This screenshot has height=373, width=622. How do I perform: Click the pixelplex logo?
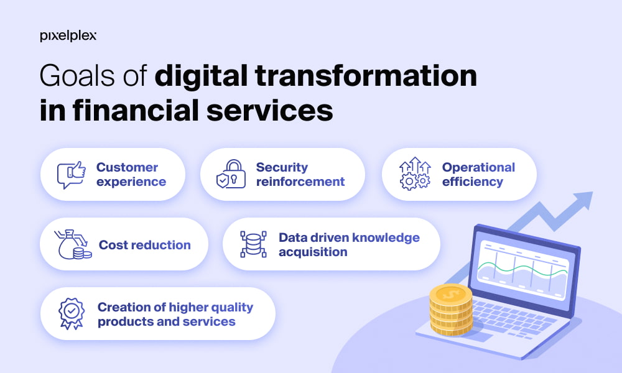(x=68, y=36)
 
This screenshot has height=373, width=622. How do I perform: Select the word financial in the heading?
(x=136, y=110)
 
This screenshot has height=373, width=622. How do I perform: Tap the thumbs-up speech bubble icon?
(x=72, y=175)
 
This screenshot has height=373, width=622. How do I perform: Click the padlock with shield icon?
(x=231, y=174)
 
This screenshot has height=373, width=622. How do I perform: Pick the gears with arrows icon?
(x=415, y=173)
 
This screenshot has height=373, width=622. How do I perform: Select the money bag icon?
(x=73, y=244)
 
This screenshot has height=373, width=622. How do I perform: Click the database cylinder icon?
(x=254, y=244)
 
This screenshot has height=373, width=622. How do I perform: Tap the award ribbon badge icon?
(x=72, y=313)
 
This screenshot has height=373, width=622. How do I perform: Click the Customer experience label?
(x=131, y=175)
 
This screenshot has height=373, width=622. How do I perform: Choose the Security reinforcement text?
(x=300, y=175)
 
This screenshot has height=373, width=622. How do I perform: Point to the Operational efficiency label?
(x=478, y=175)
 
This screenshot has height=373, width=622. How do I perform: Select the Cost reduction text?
(x=145, y=245)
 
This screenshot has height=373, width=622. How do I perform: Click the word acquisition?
(x=313, y=252)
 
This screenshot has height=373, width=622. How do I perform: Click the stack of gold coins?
(x=451, y=310)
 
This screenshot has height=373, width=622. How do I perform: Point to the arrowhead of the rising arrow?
(x=584, y=199)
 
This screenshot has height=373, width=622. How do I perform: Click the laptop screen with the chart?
(x=524, y=270)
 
